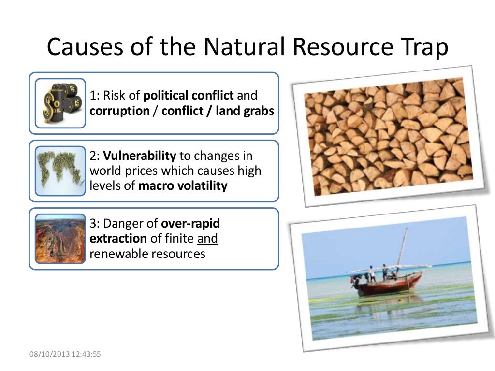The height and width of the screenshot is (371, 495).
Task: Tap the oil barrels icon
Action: point(60,103)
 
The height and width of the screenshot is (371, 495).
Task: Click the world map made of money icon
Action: point(60,171)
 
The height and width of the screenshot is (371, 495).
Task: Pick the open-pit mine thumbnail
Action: point(60,239)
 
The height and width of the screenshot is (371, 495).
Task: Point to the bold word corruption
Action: point(119,111)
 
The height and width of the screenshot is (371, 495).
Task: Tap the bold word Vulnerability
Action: point(139,156)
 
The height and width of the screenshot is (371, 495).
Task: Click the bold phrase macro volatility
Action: point(183,186)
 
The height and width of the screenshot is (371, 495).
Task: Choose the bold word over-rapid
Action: point(190,223)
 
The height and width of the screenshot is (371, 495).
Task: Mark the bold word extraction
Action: point(118,238)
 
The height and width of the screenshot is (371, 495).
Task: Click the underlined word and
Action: point(207,238)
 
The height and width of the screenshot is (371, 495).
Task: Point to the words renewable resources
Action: point(147,253)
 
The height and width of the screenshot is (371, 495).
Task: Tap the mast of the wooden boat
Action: point(402,246)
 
